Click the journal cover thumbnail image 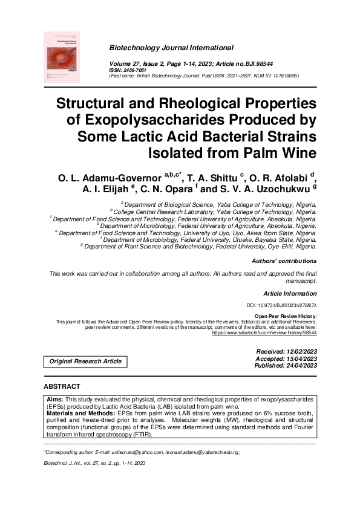coord(71,57)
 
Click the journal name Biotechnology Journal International coord(171,47)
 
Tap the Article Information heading coord(290,293)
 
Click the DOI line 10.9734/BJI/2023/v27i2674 coord(282,306)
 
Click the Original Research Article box coord(85,361)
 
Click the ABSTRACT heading coord(62,386)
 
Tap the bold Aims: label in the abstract coord(56,400)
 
